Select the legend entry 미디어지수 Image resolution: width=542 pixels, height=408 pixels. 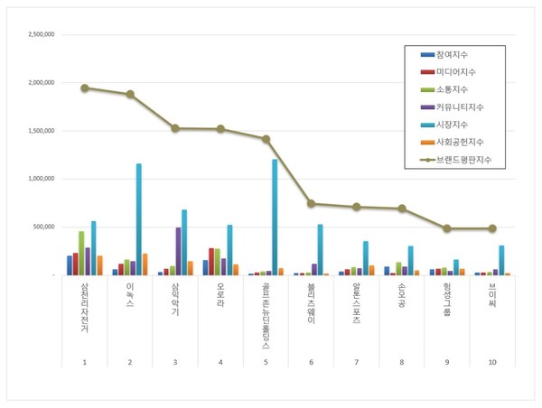[x=456, y=71]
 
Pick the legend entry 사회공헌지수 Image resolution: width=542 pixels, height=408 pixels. [x=459, y=142]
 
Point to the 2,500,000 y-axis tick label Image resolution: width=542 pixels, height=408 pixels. [x=42, y=35]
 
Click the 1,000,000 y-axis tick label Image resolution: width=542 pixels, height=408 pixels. [x=42, y=179]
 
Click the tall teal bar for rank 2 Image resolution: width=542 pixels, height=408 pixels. [x=138, y=219]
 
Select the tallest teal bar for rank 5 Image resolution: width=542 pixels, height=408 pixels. [x=275, y=218]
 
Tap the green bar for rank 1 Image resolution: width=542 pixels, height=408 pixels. [x=81, y=253]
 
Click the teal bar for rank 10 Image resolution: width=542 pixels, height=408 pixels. [x=501, y=260]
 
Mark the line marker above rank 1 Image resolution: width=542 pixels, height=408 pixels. [x=84, y=88]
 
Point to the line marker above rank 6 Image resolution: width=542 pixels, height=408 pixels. [x=311, y=204]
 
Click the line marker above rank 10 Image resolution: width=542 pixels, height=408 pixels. [x=492, y=228]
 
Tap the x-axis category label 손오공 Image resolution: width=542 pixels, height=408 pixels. [x=401, y=295]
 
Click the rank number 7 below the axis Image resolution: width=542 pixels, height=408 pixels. [x=356, y=362]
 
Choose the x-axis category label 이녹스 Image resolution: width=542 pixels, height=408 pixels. [x=129, y=295]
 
